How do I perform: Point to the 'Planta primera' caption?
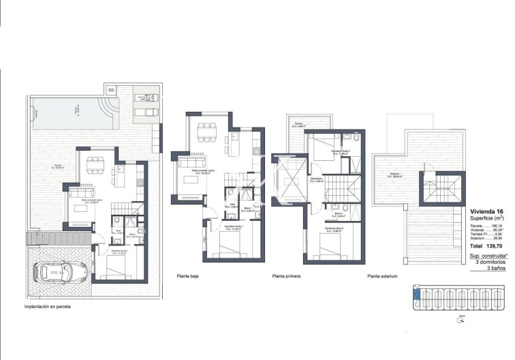(287, 276)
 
